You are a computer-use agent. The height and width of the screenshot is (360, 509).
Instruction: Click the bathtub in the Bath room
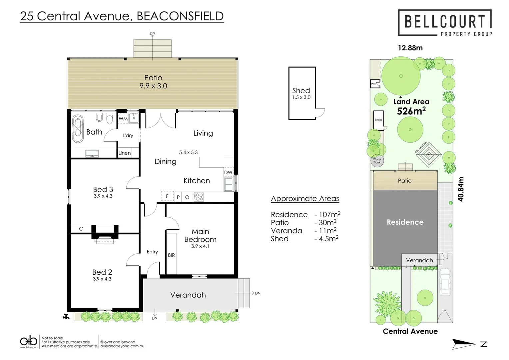(78, 129)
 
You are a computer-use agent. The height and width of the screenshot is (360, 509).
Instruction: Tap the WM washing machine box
(123, 119)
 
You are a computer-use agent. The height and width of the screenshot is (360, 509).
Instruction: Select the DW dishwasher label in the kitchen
(228, 172)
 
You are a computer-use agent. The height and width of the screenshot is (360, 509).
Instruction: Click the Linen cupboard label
(125, 153)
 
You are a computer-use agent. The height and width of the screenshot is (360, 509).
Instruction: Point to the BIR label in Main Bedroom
(171, 255)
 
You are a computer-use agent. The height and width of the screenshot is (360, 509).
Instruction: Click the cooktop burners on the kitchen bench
(199, 197)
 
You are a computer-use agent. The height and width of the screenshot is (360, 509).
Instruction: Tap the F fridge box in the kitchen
(167, 196)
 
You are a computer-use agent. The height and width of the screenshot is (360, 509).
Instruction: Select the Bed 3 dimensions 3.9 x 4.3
(103, 196)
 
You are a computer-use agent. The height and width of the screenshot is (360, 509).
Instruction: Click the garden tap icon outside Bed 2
(66, 316)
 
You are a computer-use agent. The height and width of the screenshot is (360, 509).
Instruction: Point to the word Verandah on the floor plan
(188, 295)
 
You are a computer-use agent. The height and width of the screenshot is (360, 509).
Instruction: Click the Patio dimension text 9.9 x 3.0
(153, 86)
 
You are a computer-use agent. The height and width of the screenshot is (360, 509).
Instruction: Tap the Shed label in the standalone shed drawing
(301, 91)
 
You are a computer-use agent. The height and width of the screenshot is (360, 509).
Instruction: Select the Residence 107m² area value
(327, 215)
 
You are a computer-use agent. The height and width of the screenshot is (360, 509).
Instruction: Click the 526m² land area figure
(411, 111)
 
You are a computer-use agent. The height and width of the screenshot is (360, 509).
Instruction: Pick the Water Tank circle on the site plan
(377, 161)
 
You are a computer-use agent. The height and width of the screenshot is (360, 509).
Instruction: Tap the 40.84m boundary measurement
(461, 189)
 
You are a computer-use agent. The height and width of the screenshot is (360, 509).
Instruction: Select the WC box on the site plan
(373, 84)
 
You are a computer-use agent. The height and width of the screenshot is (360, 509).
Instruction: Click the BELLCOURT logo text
(445, 22)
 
